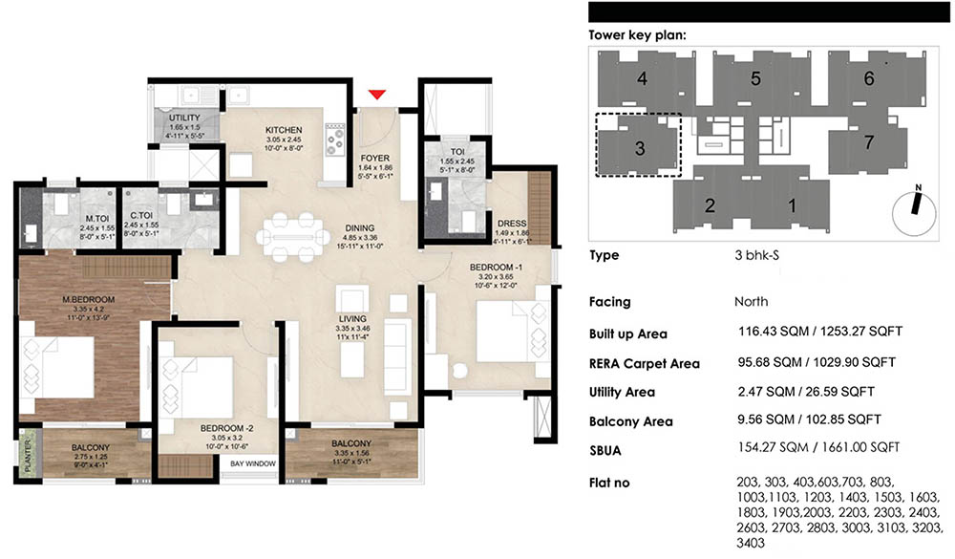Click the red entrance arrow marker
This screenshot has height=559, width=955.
pyautogui.click(x=378, y=93)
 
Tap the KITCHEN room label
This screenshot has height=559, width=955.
pyautogui.click(x=284, y=130)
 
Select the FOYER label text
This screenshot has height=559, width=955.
pyautogui.click(x=372, y=160)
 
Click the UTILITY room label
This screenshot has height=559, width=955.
pyautogui.click(x=184, y=117)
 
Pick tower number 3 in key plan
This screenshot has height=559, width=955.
pyautogui.click(x=639, y=147)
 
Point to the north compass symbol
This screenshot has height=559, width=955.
pyautogui.click(x=914, y=204)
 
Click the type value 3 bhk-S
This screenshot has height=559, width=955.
pyautogui.click(x=752, y=256)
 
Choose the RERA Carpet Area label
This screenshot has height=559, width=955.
pyautogui.click(x=645, y=363)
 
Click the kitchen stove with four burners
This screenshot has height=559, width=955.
pyautogui.click(x=335, y=140)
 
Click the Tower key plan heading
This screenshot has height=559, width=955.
pyautogui.click(x=637, y=35)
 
